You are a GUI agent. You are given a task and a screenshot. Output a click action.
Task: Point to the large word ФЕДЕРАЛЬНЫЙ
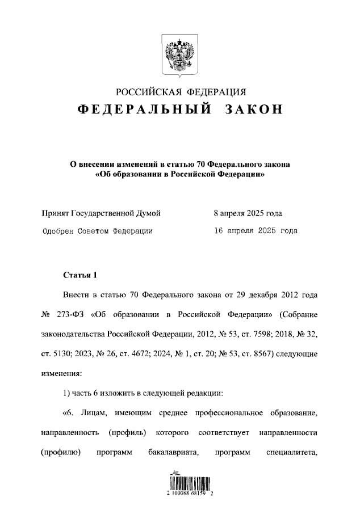click(145, 109)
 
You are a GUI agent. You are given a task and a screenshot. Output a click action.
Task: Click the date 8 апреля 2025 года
click(248, 213)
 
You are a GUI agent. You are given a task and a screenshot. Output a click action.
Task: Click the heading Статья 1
click(80, 276)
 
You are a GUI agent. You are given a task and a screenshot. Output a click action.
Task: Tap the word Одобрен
click(58, 231)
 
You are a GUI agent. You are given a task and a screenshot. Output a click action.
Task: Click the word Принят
click(55, 213)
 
